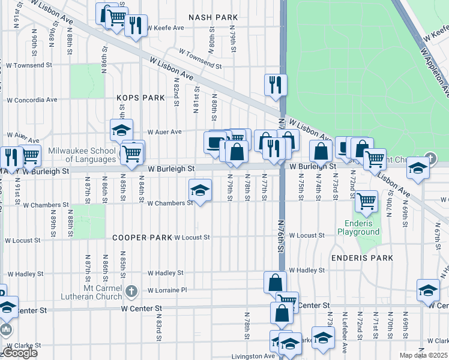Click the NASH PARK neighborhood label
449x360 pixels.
click(x=213, y=17)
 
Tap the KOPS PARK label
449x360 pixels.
click(x=140, y=97)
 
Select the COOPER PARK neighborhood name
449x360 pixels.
click(x=142, y=238)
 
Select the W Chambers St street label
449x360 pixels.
click(x=170, y=203)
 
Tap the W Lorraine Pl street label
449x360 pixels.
click(x=167, y=290)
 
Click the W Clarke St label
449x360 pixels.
click(x=23, y=346)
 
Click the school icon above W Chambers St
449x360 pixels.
click(x=200, y=191)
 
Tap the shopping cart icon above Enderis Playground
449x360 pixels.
click(x=366, y=201)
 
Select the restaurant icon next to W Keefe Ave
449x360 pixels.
click(x=136, y=26)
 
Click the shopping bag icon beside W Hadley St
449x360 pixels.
click(x=275, y=282)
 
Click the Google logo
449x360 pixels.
click(x=19, y=353)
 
